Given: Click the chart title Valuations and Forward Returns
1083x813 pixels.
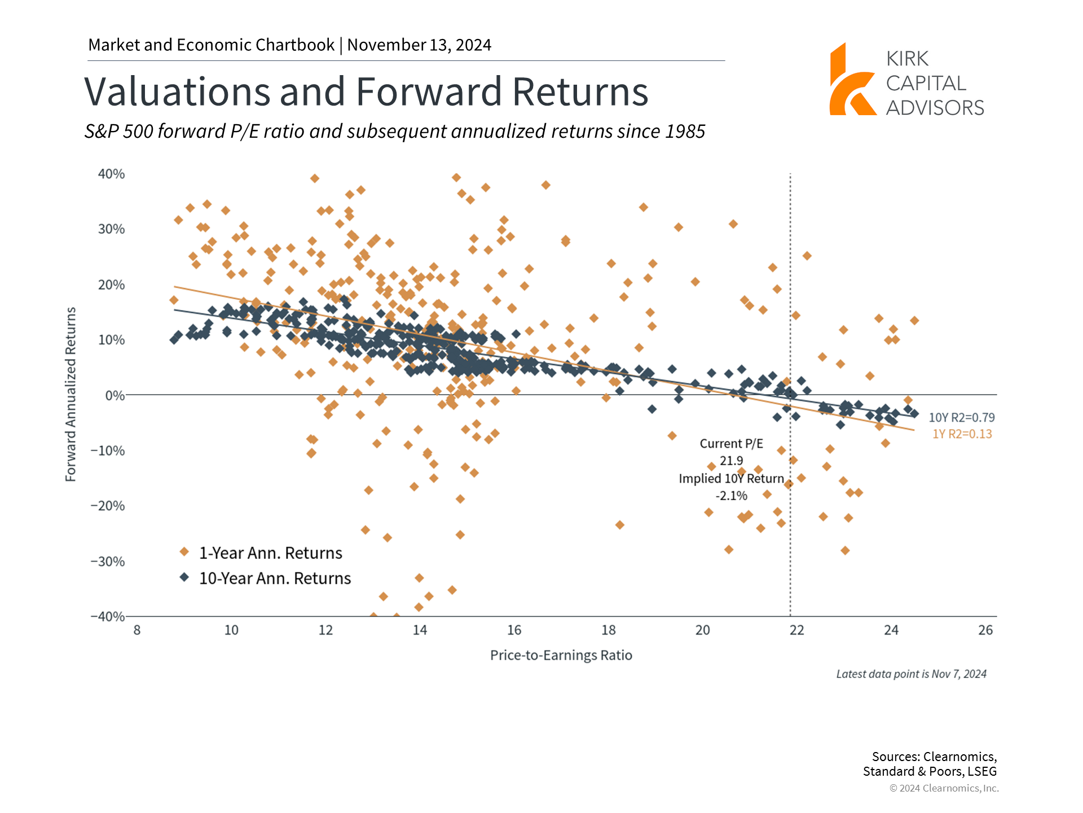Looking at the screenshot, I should pyautogui.click(x=366, y=91).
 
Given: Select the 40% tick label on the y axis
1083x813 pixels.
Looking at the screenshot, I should pyautogui.click(x=111, y=174).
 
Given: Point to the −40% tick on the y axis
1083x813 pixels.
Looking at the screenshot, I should pyautogui.click(x=108, y=616).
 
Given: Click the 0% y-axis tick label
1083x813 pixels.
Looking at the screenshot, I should pyautogui.click(x=115, y=395).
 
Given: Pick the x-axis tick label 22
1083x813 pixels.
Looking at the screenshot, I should pyautogui.click(x=796, y=630).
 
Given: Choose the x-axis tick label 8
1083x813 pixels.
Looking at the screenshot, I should pyautogui.click(x=137, y=630).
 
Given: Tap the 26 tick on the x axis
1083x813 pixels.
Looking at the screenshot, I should pyautogui.click(x=985, y=630).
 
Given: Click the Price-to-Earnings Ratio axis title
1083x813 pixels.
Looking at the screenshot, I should pyautogui.click(x=561, y=655).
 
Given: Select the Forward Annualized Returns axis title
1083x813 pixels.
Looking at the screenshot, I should pyautogui.click(x=71, y=394).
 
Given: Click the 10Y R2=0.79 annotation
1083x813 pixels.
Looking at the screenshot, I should pyautogui.click(x=962, y=417).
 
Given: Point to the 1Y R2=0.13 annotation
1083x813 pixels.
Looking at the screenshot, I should pyautogui.click(x=962, y=434).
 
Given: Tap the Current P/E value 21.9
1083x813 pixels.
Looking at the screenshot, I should pyautogui.click(x=731, y=461).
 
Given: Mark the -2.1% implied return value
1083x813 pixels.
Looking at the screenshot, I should pyautogui.click(x=731, y=496).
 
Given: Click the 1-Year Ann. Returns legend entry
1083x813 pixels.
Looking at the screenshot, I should pyautogui.click(x=270, y=553).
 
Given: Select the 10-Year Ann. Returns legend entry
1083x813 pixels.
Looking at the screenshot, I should pyautogui.click(x=275, y=578).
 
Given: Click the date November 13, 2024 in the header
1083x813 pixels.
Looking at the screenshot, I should pyautogui.click(x=419, y=45).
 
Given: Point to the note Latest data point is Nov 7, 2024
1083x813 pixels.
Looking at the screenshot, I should pyautogui.click(x=911, y=674).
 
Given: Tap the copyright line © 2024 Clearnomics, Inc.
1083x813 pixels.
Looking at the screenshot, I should pyautogui.click(x=944, y=788).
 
